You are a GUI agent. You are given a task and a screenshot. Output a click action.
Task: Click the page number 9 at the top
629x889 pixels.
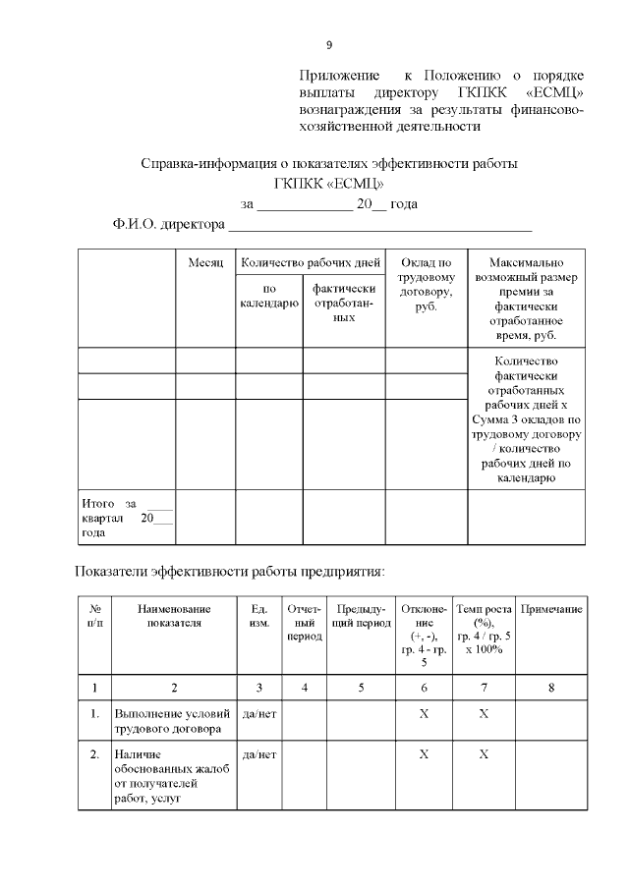click(x=329, y=45)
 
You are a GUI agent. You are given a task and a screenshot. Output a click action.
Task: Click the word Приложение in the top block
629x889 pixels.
click(x=340, y=76)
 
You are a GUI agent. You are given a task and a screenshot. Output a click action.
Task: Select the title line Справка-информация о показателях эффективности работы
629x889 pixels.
click(x=328, y=163)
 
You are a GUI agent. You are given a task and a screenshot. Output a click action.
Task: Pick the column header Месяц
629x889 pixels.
click(x=205, y=263)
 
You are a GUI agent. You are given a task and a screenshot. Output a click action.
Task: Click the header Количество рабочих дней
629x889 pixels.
click(x=310, y=263)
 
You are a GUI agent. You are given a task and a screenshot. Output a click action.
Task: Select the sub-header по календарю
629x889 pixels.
click(x=269, y=296)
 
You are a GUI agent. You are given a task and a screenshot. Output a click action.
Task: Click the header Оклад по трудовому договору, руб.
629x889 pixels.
click(x=426, y=285)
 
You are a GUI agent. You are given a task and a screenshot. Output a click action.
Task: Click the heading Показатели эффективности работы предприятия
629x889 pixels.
click(x=229, y=572)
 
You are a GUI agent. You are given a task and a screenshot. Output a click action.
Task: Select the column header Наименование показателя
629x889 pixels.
click(x=174, y=616)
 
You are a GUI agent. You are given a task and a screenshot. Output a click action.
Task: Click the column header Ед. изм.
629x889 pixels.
click(x=259, y=616)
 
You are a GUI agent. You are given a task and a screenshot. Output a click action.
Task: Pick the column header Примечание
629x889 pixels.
click(x=550, y=609)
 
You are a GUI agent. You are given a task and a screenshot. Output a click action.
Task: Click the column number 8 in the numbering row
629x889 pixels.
click(x=550, y=687)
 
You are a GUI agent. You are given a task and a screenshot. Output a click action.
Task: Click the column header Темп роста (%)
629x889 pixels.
click(x=484, y=630)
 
